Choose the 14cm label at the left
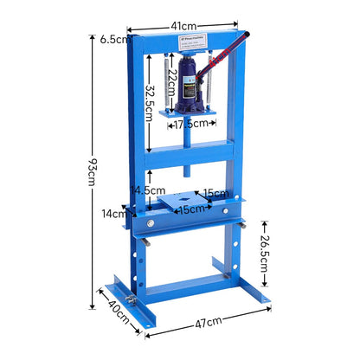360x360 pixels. [112, 213]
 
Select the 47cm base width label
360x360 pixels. [209, 321]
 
